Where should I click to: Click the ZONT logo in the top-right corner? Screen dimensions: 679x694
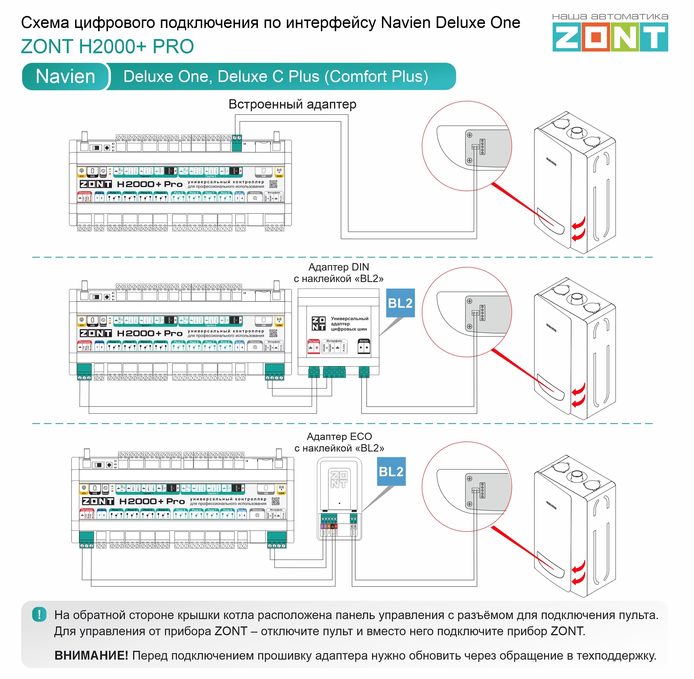coord(610,37)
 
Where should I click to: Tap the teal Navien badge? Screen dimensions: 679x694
coord(66,77)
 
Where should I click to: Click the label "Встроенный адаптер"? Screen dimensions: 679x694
coord(292,105)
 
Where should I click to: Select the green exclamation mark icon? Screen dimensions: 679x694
coord(39,614)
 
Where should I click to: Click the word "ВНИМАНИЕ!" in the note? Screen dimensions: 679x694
coord(91,655)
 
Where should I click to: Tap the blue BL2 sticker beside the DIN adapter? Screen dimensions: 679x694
coord(400,303)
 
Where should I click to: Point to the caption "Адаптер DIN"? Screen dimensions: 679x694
coord(338,267)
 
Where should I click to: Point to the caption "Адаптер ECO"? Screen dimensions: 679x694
coord(339,437)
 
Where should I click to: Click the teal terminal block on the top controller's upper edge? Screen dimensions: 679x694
coord(237,143)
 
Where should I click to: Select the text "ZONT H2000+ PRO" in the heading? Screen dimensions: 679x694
coord(107,47)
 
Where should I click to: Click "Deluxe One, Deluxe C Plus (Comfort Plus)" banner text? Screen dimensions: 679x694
coord(276,77)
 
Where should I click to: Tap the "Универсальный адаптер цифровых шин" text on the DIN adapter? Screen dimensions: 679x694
coord(349,324)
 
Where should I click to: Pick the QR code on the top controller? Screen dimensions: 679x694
coord(273,184)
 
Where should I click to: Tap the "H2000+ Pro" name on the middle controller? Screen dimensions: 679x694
coord(150,333)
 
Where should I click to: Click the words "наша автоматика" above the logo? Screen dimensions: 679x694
coord(610,17)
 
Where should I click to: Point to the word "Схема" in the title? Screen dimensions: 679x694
coord(45,23)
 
